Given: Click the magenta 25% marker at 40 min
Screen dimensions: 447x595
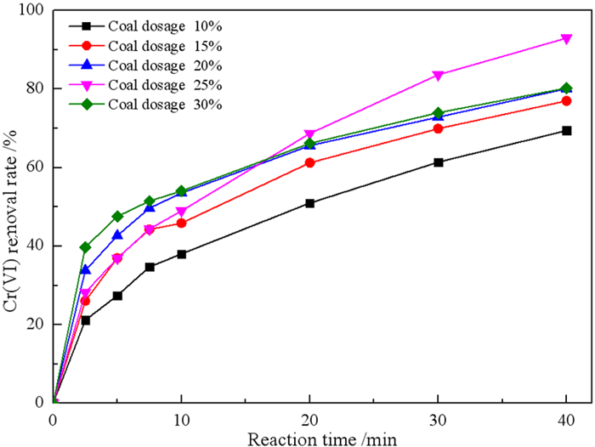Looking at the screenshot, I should point(566,39).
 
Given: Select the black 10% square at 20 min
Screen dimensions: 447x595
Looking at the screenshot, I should point(309,203).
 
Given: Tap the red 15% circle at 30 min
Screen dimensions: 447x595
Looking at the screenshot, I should point(438,128).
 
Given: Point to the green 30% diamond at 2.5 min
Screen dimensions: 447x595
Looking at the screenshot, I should point(85,247).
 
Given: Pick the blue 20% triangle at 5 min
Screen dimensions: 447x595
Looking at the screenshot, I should point(117,235).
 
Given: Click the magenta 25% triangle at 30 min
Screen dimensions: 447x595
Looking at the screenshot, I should point(438,76).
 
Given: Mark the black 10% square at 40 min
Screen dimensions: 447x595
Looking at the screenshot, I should point(566,131).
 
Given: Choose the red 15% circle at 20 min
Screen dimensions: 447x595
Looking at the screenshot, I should point(309,162).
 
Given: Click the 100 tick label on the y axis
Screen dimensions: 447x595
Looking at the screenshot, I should point(31,11).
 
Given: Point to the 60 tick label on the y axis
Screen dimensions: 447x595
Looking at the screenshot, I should point(36,167).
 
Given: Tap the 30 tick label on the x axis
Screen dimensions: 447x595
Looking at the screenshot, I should point(438,420).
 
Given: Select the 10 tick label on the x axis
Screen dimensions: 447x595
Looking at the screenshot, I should point(181,420).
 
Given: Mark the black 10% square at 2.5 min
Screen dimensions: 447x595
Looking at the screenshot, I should point(85,320).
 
